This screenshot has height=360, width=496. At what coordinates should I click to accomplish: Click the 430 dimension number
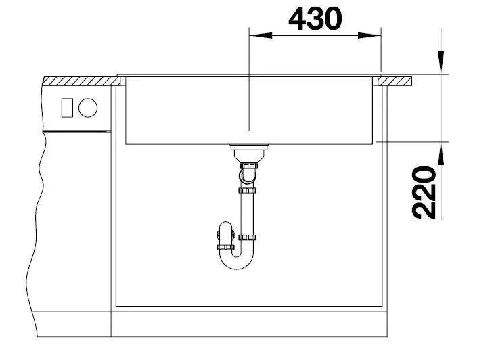(315, 18)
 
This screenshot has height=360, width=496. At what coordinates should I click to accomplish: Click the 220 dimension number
(424, 192)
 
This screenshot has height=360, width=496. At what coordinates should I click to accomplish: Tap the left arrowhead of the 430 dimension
(261, 35)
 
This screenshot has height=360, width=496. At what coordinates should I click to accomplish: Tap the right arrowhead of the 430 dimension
(369, 35)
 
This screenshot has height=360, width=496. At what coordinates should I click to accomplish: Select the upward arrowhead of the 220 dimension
(441, 154)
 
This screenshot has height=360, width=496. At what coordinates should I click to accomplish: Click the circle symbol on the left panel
(88, 108)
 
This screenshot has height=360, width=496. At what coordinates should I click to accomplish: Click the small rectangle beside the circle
(67, 108)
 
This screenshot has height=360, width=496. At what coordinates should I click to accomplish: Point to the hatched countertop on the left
(81, 81)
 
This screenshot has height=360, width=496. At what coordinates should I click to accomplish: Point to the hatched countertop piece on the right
(394, 81)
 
